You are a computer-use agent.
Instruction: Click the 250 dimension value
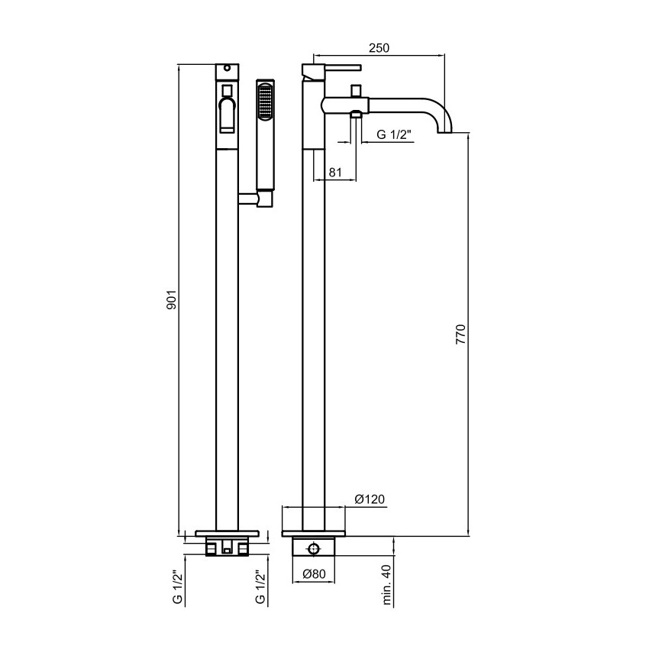[x=379, y=48]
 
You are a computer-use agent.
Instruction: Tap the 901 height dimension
[x=171, y=299]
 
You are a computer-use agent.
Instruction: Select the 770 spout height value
[x=460, y=335]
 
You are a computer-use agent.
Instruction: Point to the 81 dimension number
[x=335, y=173]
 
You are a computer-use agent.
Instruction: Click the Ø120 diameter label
[x=370, y=499]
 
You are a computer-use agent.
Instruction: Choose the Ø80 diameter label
[x=314, y=573]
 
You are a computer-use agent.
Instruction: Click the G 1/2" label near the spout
[x=394, y=134]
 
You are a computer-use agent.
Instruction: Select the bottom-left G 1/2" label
[x=177, y=587]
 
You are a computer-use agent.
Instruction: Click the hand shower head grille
[x=265, y=101]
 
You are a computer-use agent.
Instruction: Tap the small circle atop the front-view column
[x=227, y=67]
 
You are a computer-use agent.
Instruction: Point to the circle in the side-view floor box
[x=314, y=549]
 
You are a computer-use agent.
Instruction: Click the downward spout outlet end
[x=445, y=132]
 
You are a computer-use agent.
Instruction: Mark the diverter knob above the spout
[x=356, y=91]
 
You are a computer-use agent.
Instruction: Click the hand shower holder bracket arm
[x=247, y=199]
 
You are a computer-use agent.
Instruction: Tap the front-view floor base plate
[x=228, y=533]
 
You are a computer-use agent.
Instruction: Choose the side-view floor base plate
[x=313, y=534]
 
